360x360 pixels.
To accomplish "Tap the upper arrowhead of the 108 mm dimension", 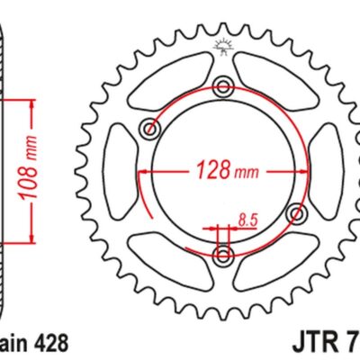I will point(32,100).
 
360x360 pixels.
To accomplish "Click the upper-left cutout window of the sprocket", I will point(171,81).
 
